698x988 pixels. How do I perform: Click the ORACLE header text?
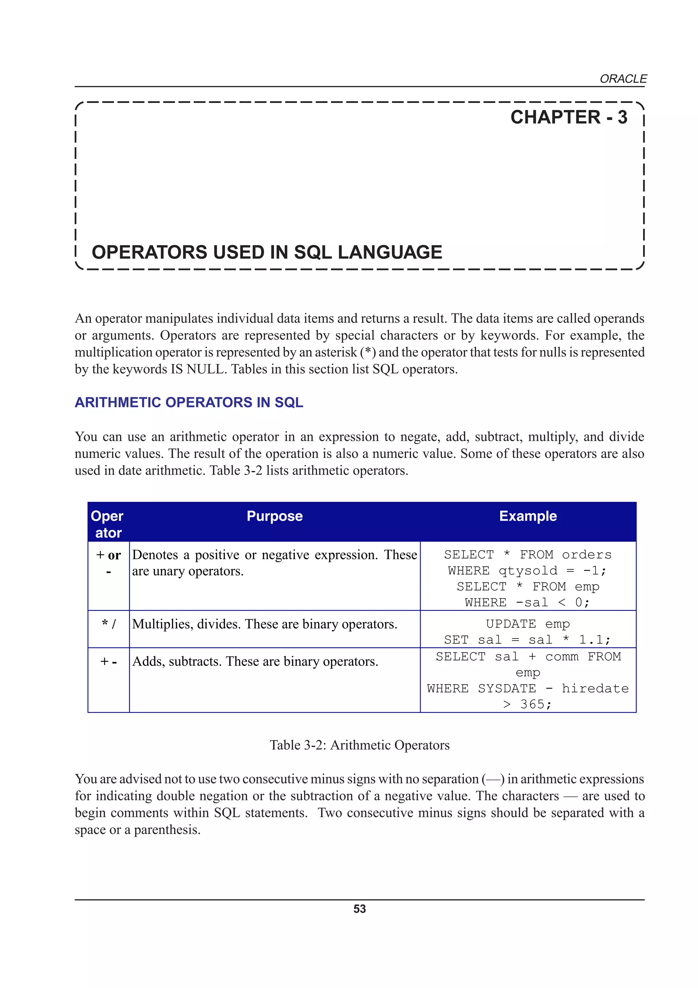(623, 79)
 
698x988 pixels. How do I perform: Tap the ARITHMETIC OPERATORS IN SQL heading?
(189, 402)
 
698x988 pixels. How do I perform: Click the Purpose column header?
(274, 516)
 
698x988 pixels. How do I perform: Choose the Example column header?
(528, 516)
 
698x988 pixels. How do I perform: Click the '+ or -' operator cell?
(108, 563)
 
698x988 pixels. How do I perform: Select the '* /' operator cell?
(108, 624)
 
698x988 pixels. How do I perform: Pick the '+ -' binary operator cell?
(108, 661)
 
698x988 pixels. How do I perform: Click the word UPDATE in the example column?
(511, 624)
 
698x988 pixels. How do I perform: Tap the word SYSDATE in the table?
(506, 689)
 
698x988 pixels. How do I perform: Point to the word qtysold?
(528, 571)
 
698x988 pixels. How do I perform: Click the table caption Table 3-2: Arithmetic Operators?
(359, 745)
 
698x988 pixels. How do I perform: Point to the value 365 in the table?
(532, 704)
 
